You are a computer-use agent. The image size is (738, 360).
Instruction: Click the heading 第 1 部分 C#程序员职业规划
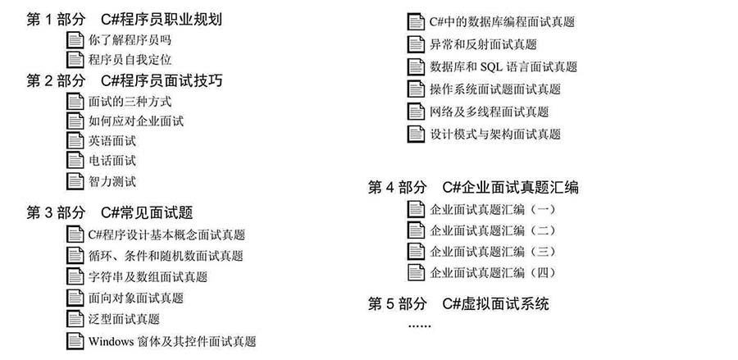click(x=125, y=20)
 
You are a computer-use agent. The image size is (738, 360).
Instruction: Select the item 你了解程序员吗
click(x=130, y=40)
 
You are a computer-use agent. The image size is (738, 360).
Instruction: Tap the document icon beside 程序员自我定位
click(x=75, y=60)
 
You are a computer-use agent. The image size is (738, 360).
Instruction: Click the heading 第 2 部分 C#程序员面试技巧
click(x=125, y=80)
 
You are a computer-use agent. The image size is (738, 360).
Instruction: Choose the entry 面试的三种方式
click(x=130, y=101)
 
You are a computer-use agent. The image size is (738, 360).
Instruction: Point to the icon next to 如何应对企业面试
click(x=75, y=121)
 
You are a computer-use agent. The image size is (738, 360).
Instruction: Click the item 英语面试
click(x=112, y=141)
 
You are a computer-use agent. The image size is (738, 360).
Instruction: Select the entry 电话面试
click(x=112, y=161)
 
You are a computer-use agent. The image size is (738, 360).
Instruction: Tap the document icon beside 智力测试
click(x=75, y=181)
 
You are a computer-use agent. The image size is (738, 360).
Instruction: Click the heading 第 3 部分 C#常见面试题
click(x=110, y=212)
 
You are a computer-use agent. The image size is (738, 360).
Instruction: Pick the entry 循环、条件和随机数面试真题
click(x=166, y=256)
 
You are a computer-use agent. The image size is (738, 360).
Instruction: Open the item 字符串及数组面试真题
click(x=148, y=276)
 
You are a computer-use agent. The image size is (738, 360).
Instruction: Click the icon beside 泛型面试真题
click(x=75, y=319)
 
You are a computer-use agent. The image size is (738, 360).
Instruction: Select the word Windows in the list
click(x=111, y=341)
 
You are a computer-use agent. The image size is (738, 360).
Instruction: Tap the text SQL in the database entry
click(x=491, y=67)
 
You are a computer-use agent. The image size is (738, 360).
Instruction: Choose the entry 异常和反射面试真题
click(x=483, y=45)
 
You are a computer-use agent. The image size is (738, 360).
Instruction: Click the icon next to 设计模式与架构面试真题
click(x=416, y=134)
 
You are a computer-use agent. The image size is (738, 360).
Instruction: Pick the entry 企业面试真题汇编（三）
click(x=492, y=252)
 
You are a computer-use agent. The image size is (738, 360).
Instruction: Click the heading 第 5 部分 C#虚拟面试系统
click(x=458, y=304)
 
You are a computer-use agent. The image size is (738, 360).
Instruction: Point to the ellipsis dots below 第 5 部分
click(x=419, y=326)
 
